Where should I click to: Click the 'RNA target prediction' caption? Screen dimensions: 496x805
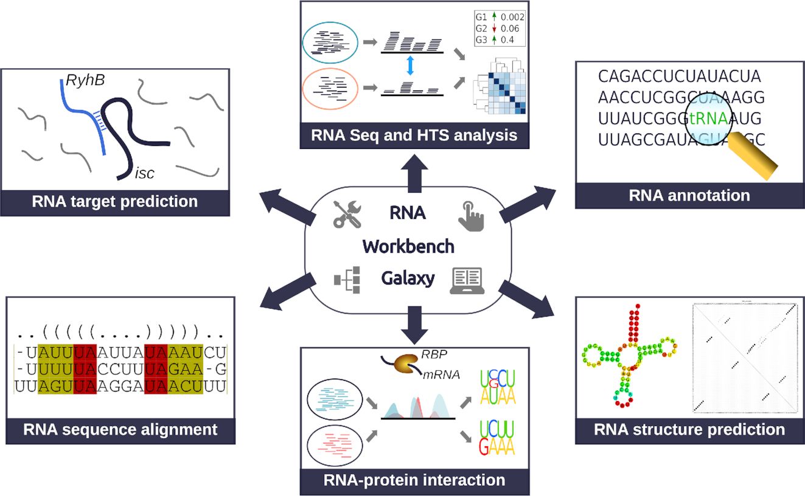tap(115, 201)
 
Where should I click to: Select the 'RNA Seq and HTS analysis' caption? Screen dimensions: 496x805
tap(415, 134)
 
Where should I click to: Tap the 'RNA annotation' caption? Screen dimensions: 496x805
tap(689, 195)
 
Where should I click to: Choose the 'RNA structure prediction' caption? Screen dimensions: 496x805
tap(689, 430)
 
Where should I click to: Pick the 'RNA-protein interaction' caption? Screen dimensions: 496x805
tap(415, 480)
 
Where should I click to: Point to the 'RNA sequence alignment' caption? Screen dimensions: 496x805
tap(120, 430)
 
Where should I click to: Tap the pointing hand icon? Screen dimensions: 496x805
tap(471, 216)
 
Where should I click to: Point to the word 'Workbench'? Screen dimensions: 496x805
tap(408, 246)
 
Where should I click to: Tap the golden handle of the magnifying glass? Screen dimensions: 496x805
tap(757, 156)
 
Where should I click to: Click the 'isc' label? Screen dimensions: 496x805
tap(145, 174)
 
